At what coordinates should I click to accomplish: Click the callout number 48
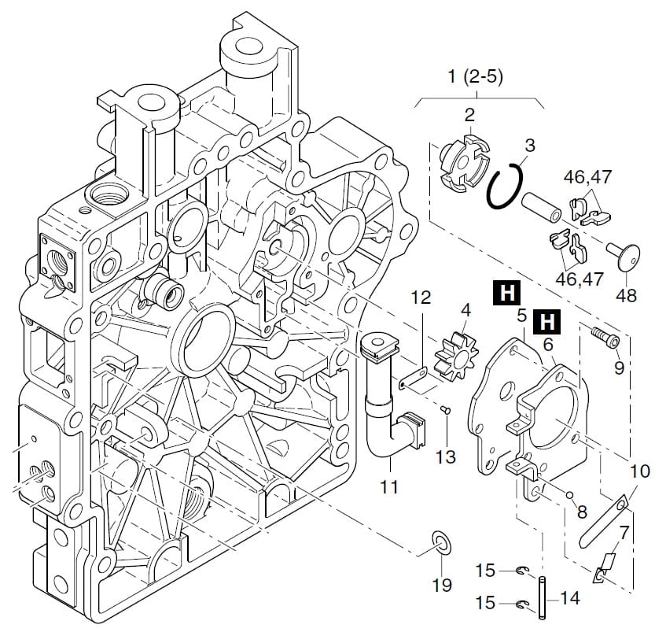(x=627, y=296)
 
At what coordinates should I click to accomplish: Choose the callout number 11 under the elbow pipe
(x=389, y=487)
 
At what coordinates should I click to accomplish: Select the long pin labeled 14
(x=542, y=599)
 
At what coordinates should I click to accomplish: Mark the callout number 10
(x=639, y=471)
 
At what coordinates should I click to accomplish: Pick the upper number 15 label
(x=486, y=569)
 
